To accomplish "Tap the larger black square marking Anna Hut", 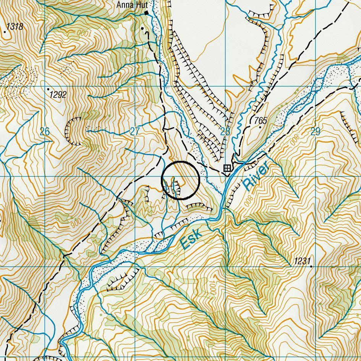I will (x=146, y=13).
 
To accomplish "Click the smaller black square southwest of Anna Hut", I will (x=142, y=28).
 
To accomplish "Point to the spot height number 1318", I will (x=15, y=27).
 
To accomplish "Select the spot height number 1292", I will (x=58, y=95).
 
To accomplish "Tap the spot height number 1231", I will (x=302, y=261).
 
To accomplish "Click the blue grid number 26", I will (x=45, y=132).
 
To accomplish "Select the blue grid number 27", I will (x=135, y=132).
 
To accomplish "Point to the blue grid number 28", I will (x=225, y=132).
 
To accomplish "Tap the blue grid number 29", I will (x=315, y=132).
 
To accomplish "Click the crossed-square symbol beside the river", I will (x=227, y=168).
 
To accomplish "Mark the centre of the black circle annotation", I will (x=181, y=180).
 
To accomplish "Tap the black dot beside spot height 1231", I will (x=311, y=266).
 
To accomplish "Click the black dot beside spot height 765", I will (x=260, y=127).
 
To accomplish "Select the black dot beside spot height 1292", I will (x=49, y=89).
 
